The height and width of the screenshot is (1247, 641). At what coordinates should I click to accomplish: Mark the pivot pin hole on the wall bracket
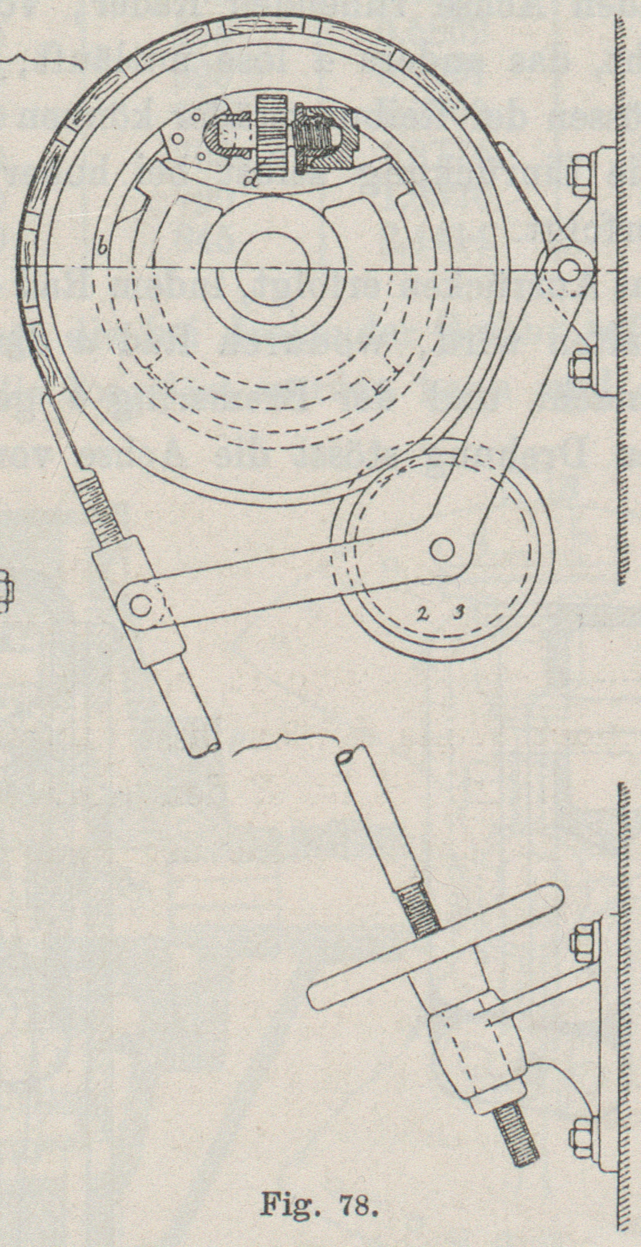pyautogui.click(x=567, y=268)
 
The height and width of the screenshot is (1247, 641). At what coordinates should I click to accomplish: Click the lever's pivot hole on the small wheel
pyautogui.click(x=442, y=549)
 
